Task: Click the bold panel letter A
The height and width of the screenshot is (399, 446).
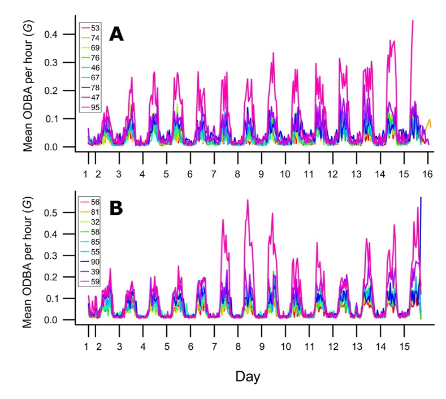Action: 116,34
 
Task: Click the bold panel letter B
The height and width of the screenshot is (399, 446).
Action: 116,208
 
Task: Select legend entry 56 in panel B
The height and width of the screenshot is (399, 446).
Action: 95,202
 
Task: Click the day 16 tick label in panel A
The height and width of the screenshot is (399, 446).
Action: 427,174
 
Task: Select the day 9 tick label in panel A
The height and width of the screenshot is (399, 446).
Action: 261,174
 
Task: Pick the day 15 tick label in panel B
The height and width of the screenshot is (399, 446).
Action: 404,346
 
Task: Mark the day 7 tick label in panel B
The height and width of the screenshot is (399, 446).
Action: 214,346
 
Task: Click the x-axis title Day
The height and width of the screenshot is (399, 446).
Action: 248,376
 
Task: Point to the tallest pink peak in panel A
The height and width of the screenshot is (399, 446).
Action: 413,21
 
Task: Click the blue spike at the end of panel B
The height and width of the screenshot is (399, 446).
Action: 421,197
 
